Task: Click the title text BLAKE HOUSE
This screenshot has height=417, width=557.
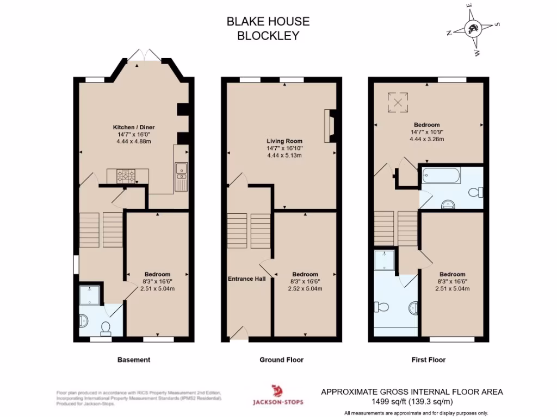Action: pyautogui.click(x=268, y=22)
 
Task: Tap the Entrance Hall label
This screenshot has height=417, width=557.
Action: pyautogui.click(x=246, y=279)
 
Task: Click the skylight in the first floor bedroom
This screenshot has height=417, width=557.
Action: pyautogui.click(x=398, y=101)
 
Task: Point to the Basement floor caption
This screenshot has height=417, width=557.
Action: pyautogui.click(x=134, y=359)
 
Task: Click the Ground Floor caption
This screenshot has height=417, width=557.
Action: pyautogui.click(x=281, y=359)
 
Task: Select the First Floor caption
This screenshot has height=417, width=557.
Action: pyautogui.click(x=428, y=359)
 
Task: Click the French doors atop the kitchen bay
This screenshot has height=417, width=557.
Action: pyautogui.click(x=146, y=55)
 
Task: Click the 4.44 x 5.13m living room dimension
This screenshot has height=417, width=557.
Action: pyautogui.click(x=284, y=156)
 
